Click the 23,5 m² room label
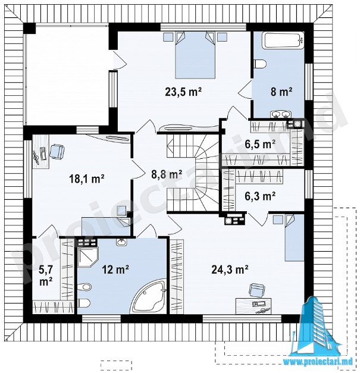(183, 92)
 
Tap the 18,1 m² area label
(87, 178)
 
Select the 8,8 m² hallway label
(167, 174)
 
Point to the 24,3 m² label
(230, 269)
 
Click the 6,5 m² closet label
(260, 144)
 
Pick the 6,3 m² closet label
(260, 196)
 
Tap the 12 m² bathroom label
(115, 269)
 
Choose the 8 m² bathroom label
(281, 92)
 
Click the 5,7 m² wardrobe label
(46, 275)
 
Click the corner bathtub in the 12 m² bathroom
(150, 297)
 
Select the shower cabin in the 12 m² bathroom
(88, 257)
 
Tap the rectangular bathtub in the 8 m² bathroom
(283, 40)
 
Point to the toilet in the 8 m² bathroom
(260, 64)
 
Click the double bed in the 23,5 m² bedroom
(195, 55)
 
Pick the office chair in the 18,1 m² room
(57, 151)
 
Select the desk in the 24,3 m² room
(253, 306)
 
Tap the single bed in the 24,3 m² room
(295, 238)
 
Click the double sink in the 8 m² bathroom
(281, 115)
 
